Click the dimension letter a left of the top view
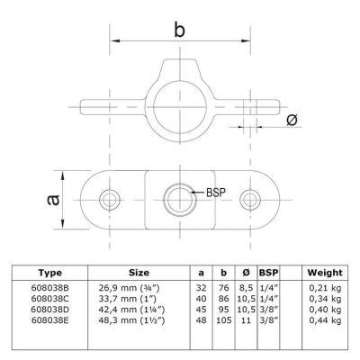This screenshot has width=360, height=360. [56, 199]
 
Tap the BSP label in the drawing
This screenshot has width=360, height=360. [216, 192]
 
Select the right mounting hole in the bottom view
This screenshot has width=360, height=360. [249, 198]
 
